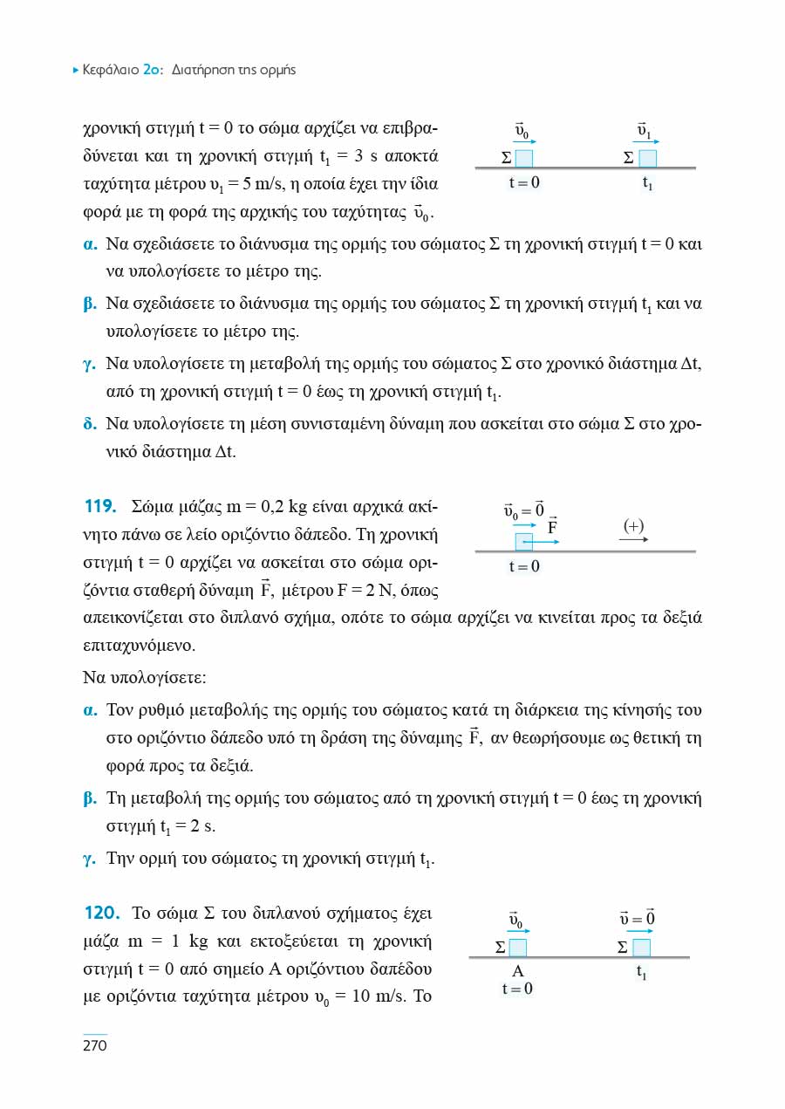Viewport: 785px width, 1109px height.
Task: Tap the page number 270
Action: [93, 1046]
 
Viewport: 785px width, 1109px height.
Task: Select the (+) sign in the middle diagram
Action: [633, 526]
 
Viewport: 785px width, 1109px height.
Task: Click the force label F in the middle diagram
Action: [552, 526]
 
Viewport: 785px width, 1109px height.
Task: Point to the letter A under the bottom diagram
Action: [517, 971]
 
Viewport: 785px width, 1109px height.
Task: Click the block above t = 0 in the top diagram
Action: [523, 158]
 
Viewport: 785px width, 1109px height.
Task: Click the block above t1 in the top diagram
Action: [647, 158]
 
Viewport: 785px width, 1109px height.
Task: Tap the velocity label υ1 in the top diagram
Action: [645, 132]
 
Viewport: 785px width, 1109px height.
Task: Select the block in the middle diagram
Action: [523, 542]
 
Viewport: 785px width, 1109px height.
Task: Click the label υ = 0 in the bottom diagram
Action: [637, 919]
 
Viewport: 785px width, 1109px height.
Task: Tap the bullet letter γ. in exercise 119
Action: [89, 859]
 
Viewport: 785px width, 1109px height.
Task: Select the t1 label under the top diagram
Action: [647, 183]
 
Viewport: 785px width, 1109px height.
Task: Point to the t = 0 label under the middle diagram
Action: [524, 567]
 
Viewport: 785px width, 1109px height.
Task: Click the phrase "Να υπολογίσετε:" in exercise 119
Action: [144, 677]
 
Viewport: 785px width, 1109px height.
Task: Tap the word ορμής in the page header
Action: [277, 70]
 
